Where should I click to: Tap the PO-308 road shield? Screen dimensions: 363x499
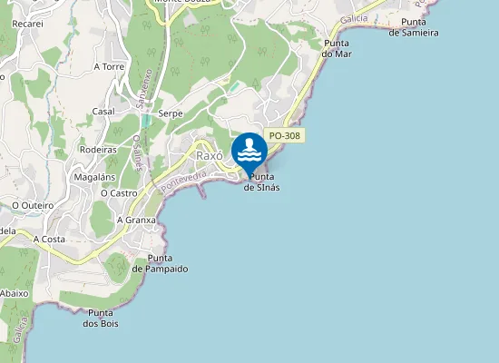point(286,136)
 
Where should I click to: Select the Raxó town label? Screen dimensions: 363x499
point(210,155)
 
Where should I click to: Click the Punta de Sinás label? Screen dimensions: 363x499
point(261,181)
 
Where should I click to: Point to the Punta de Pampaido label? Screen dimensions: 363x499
point(160,264)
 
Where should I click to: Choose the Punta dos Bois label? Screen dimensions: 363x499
point(100,318)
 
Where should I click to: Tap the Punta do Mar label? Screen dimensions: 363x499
point(337,48)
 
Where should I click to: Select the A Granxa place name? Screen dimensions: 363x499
point(137,220)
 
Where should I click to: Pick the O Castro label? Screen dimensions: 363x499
point(118,193)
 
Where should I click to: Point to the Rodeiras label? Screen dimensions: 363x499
point(98,150)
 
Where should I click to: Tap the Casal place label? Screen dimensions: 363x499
point(103,112)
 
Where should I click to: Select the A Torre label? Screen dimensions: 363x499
point(109,66)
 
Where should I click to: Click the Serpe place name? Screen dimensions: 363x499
point(171,113)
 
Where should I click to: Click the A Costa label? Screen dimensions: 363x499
point(50,239)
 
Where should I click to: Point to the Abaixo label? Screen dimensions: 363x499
point(15,293)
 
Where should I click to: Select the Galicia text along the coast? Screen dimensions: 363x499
point(354,19)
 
